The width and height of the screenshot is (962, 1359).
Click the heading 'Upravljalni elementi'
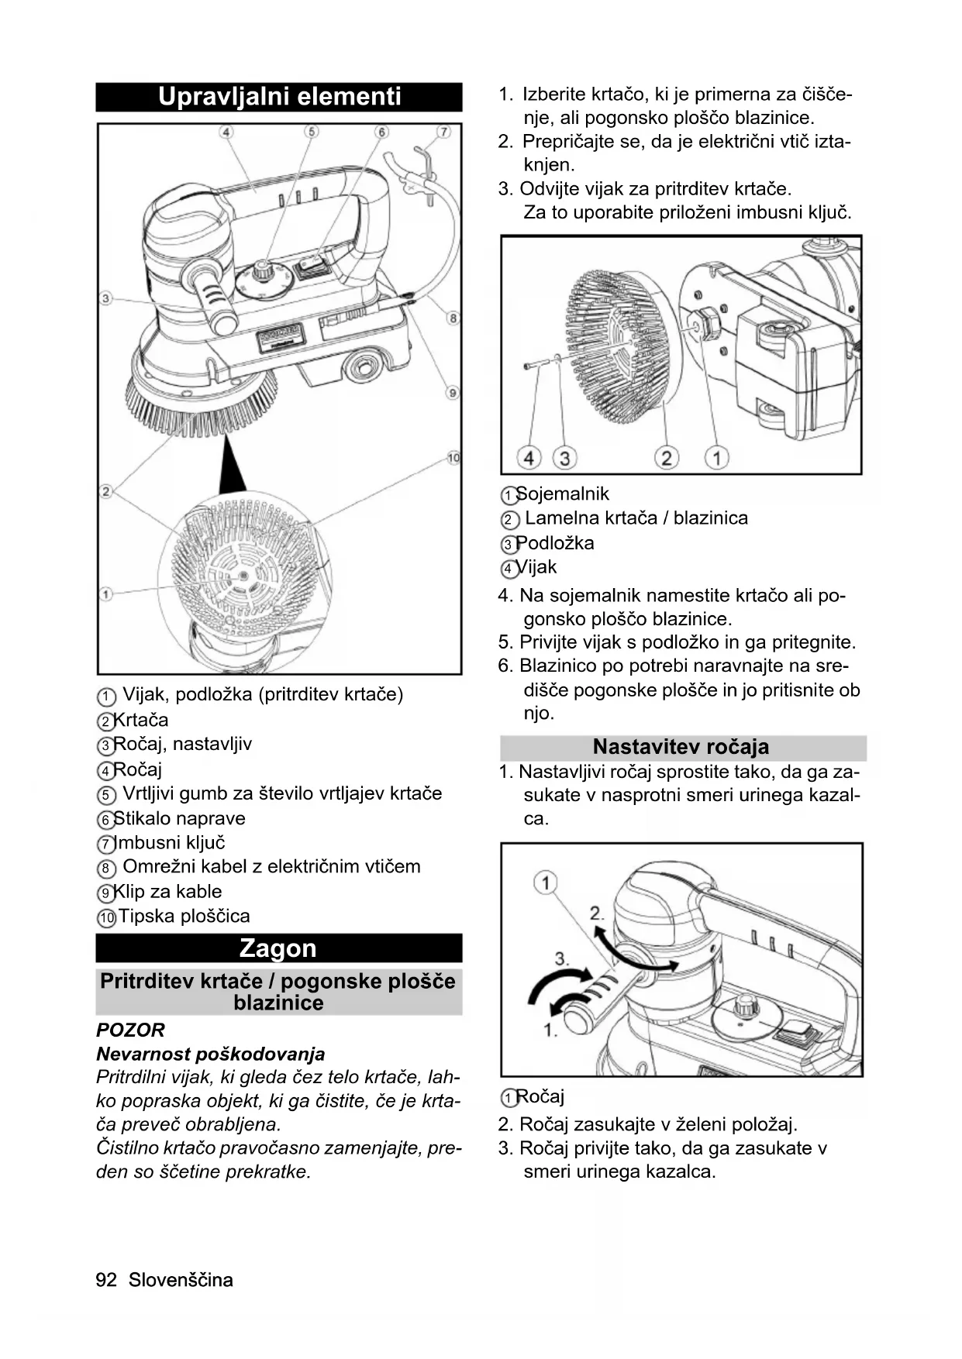click(279, 97)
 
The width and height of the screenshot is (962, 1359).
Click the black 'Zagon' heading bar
click(278, 948)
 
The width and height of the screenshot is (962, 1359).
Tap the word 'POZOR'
click(130, 1030)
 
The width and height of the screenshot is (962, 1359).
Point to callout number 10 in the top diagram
click(453, 458)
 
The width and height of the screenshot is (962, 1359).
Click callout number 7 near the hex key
click(444, 132)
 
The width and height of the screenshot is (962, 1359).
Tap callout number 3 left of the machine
click(106, 298)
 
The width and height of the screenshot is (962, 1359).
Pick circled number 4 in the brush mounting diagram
click(529, 458)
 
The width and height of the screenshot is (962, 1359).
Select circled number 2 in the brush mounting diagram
click(666, 458)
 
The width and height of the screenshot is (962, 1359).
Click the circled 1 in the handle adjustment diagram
click(547, 882)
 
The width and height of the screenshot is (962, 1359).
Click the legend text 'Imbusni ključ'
click(170, 843)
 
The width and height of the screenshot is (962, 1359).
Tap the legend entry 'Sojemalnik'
click(563, 494)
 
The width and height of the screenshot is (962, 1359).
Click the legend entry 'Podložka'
click(555, 543)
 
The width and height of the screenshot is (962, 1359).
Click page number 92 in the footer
click(106, 1280)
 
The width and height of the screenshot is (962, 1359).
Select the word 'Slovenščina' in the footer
click(181, 1280)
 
